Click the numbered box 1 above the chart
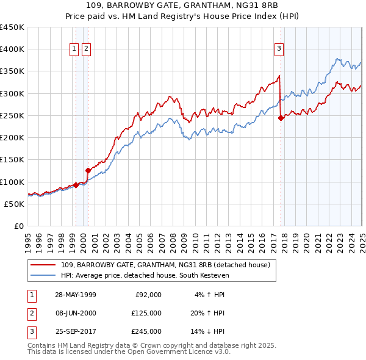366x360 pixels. pyautogui.click(x=74, y=49)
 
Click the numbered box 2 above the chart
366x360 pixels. pyautogui.click(x=86, y=49)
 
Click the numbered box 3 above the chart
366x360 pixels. pyautogui.click(x=279, y=49)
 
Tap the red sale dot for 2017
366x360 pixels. pyautogui.click(x=281, y=118)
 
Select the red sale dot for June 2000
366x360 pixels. pyautogui.click(x=88, y=171)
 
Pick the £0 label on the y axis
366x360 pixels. pyautogui.click(x=18, y=226)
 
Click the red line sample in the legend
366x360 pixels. pyautogui.click(x=43, y=264)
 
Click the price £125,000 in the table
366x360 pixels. pyautogui.click(x=146, y=313)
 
